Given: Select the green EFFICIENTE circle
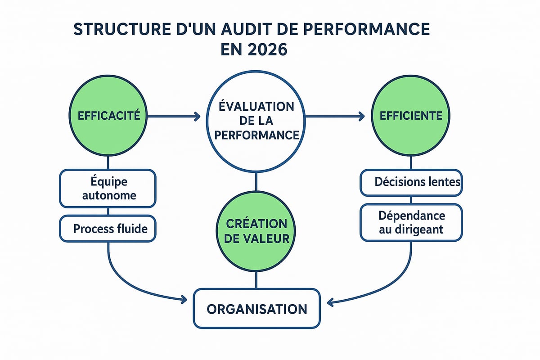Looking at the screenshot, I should coord(411,116).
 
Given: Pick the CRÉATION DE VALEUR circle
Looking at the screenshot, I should coord(256,232).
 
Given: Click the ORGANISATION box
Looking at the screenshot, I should coord(257,309).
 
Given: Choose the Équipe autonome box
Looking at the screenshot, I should coord(108,189).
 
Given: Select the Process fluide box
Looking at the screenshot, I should coord(108,229).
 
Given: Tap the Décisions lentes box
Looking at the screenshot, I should coord(411,182).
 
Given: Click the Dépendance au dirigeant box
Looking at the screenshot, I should coord(411,222).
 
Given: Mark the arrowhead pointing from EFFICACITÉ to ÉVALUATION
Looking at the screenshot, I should coord(196,117).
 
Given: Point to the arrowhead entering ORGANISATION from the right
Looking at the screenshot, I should coord(330,303).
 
